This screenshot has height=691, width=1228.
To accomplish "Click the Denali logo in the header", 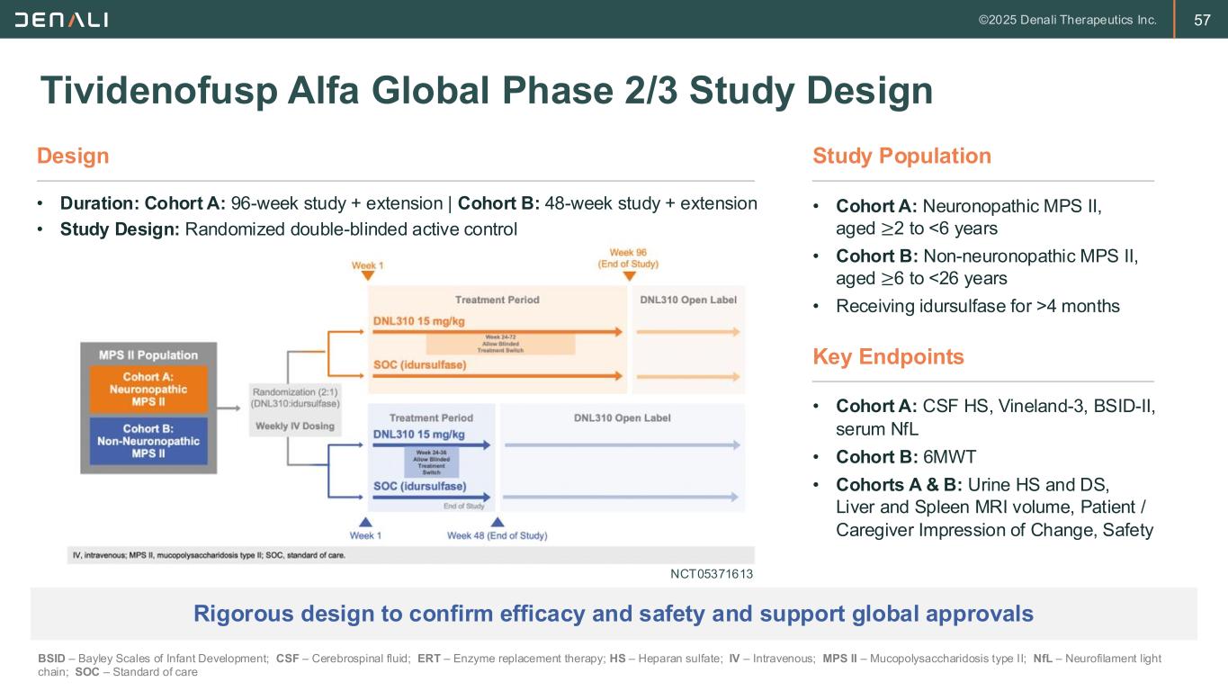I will point(61,20).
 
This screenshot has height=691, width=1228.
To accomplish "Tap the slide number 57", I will point(1202,20).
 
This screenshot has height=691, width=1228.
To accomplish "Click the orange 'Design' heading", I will point(73,156).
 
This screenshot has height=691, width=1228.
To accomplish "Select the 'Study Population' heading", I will point(901,156).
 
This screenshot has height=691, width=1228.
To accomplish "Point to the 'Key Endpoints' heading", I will point(888,356).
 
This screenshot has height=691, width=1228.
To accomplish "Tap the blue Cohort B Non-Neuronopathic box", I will point(148,441).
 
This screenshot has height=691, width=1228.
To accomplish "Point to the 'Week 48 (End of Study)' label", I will point(497,536).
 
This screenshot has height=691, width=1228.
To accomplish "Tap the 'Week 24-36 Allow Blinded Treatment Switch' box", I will point(432,462).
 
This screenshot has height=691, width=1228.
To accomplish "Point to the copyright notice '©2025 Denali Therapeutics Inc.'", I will point(1067,20).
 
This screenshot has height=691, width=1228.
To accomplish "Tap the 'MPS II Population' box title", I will point(148,354).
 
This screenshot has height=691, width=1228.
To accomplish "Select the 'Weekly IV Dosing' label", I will point(295,426).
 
